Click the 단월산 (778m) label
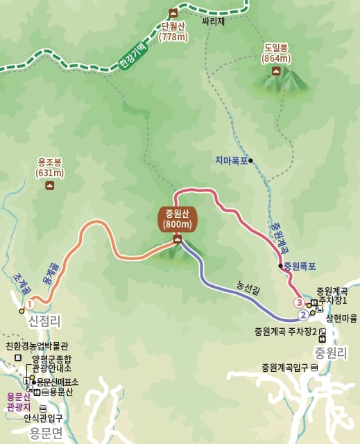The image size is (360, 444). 174,31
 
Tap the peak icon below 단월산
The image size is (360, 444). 173,12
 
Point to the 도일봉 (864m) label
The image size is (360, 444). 275,53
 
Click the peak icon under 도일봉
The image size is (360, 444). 276,71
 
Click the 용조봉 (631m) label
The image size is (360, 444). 49,169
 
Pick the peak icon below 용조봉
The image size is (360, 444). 49,185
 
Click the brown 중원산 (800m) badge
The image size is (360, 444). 178,219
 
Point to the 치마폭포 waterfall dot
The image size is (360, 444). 251,161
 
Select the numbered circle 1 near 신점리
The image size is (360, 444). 30,303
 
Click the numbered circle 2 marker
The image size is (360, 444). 303,314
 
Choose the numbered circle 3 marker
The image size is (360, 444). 299,302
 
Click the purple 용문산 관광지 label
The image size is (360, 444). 15,402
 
